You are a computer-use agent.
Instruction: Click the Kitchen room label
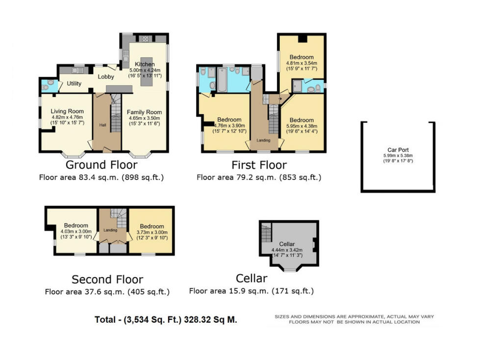(145, 64)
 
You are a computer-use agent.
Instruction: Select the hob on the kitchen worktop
(145, 39)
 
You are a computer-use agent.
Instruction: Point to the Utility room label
(74, 84)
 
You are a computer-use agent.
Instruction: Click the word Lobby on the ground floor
(106, 77)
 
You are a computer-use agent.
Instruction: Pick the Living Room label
(67, 111)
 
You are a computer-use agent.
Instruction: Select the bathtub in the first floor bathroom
(222, 81)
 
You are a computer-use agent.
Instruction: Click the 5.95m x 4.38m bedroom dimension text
(301, 126)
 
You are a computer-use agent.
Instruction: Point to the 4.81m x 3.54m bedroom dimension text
(301, 63)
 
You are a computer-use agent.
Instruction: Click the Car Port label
(397, 150)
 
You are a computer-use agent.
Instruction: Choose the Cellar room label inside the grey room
(287, 244)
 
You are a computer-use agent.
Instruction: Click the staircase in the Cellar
(266, 232)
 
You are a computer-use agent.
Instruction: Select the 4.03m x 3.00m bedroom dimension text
(76, 232)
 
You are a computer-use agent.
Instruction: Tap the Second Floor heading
(107, 280)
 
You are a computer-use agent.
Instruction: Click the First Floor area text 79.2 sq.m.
(258, 178)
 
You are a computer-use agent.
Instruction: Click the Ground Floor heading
(101, 165)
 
